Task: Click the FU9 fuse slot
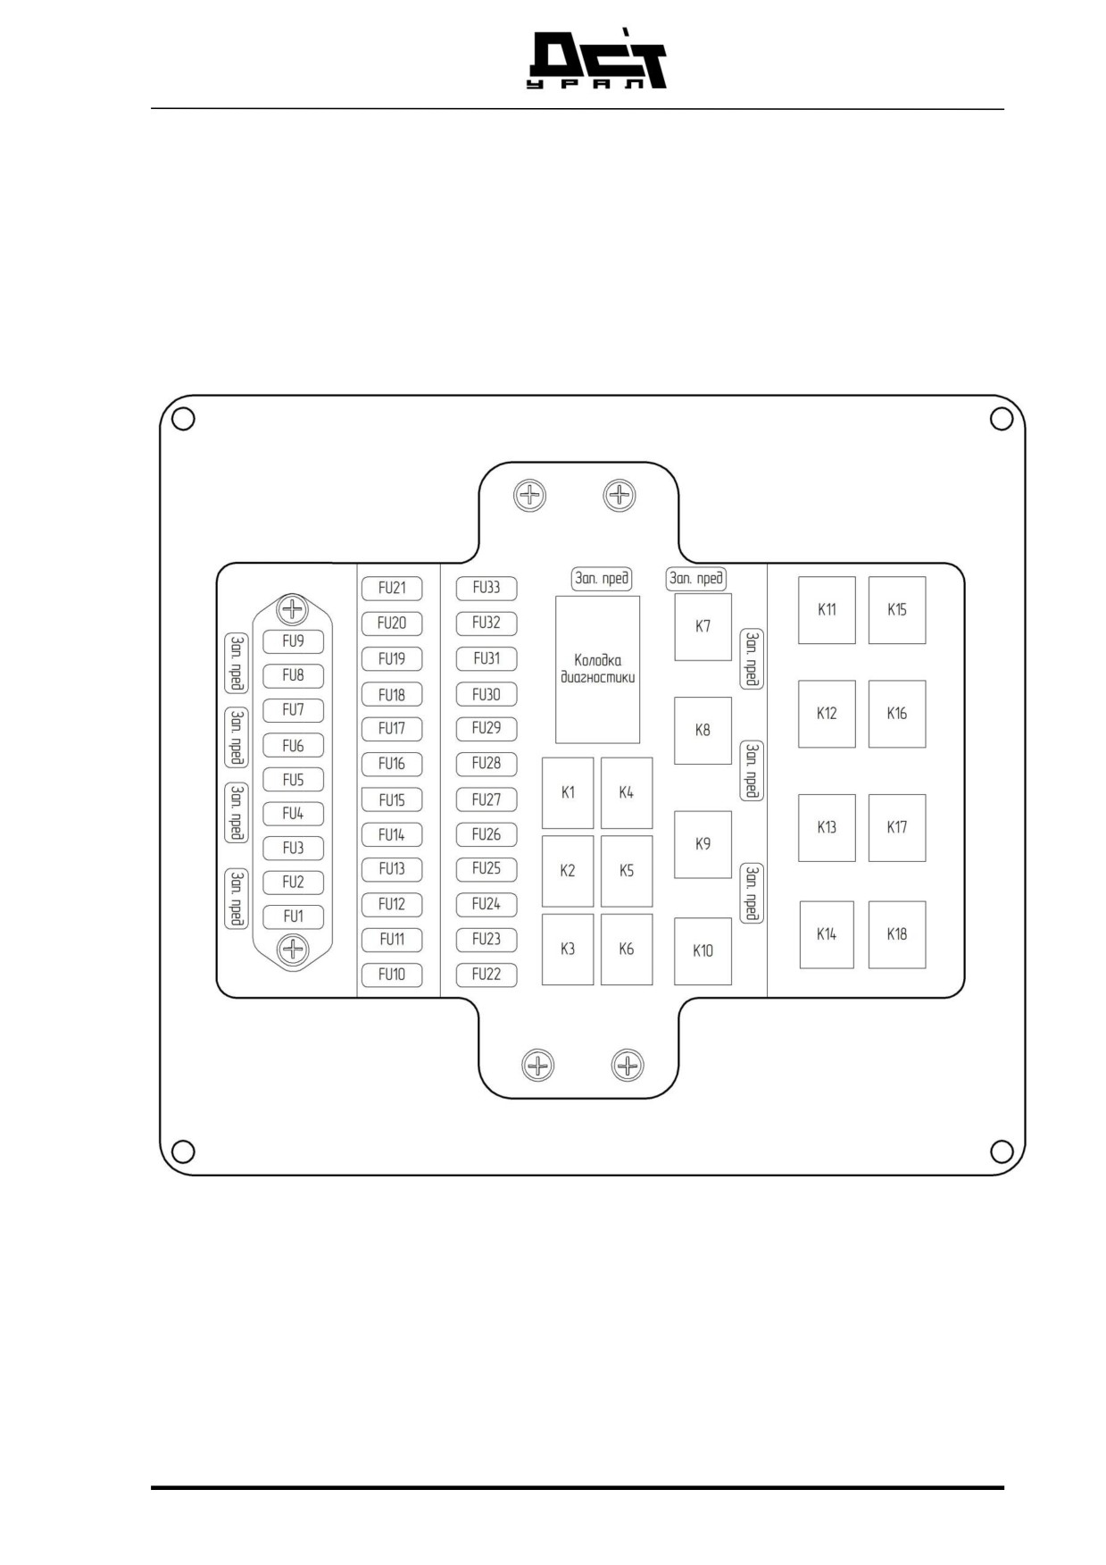(x=293, y=641)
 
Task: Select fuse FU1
(x=293, y=916)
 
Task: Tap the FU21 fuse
(x=392, y=588)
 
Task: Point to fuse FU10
(x=392, y=975)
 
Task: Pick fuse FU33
(x=486, y=588)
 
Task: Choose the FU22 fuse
(x=486, y=975)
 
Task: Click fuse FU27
(x=486, y=799)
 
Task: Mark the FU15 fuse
(x=392, y=799)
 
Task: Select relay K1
(x=568, y=793)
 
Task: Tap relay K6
(x=627, y=949)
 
